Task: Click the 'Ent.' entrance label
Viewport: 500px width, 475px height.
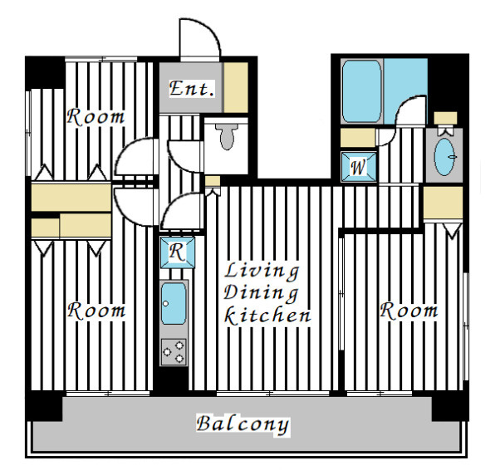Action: coord(191,89)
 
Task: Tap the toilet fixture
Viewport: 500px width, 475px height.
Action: coord(227,136)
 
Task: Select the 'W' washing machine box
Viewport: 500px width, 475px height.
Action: coord(359,167)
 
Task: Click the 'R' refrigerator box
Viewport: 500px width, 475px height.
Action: coord(177,252)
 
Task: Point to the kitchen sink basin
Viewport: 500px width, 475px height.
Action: coord(174,303)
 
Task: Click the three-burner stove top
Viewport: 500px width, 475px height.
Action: coord(174,351)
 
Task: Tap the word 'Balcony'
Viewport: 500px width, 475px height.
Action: coord(243,425)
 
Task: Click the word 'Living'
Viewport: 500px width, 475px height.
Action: coord(262,271)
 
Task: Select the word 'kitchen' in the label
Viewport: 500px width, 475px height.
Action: coord(267,316)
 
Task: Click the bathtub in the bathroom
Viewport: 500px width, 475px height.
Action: coord(361,91)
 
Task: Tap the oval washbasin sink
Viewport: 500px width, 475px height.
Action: coord(444,156)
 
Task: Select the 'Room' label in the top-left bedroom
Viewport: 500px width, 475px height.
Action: coord(96,117)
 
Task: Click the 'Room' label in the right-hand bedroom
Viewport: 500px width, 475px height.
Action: coord(409,311)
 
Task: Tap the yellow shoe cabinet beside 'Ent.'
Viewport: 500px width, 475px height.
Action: coord(236,87)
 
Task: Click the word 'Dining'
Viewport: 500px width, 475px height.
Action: coord(261,293)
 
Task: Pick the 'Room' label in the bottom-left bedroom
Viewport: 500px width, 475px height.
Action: coord(96,311)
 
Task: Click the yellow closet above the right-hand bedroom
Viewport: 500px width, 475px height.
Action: coord(444,203)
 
